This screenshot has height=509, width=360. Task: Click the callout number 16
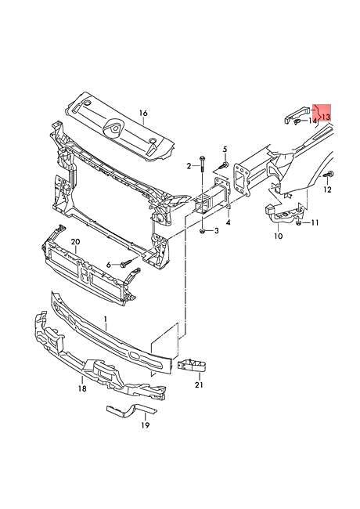[x=143, y=113]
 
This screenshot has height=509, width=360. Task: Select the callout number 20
[x=75, y=242]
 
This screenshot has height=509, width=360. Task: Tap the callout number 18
[x=82, y=388]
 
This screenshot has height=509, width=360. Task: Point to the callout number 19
[x=146, y=425]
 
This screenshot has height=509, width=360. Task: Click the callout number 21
[x=199, y=384]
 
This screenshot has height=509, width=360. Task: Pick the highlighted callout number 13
[x=326, y=117]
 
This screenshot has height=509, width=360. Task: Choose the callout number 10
[x=279, y=236]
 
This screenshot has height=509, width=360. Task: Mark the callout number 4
[x=229, y=222]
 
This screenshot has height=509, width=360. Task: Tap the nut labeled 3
[x=203, y=231]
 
